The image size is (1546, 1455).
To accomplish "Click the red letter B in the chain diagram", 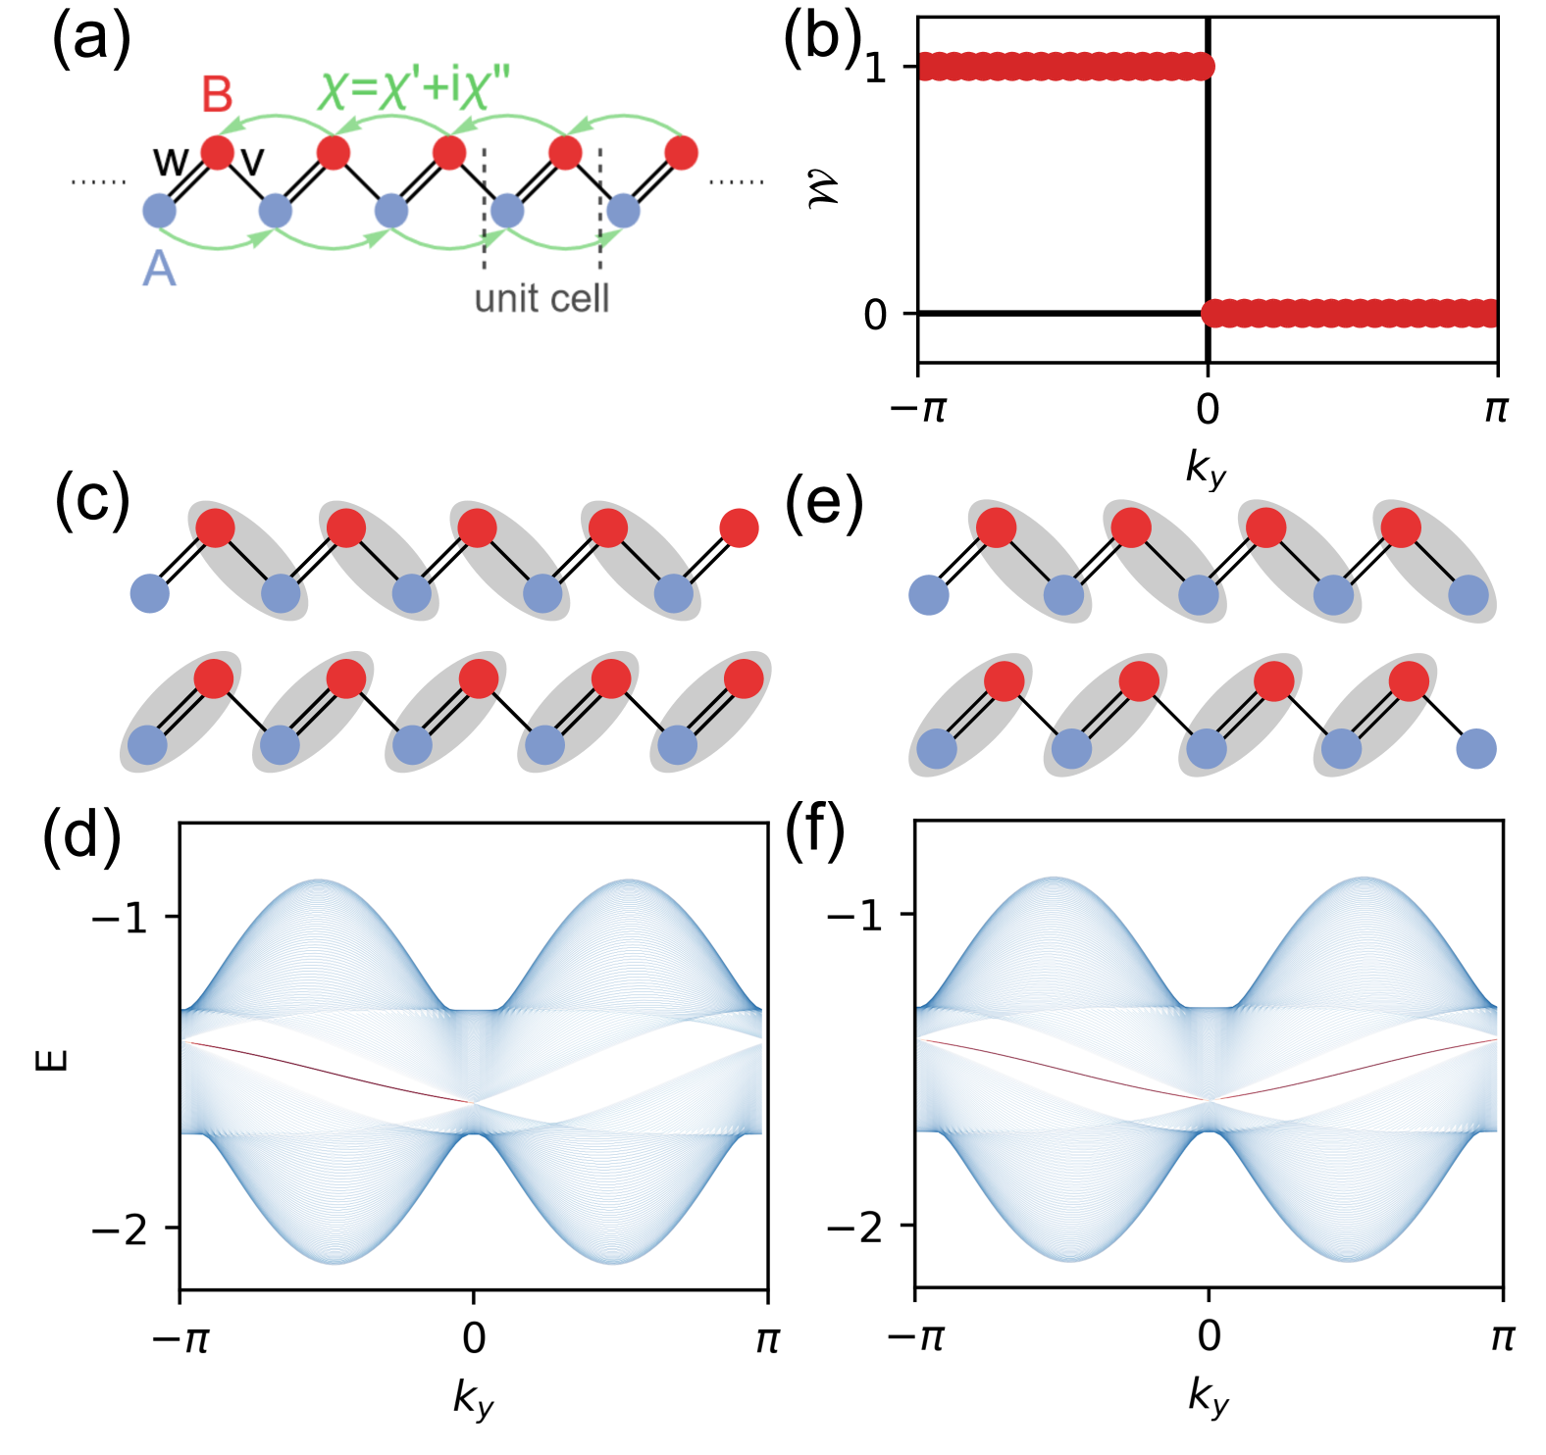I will point(217,95).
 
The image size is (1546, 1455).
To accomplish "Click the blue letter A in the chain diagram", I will point(159,268).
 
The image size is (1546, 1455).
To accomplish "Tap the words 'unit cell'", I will point(541,298).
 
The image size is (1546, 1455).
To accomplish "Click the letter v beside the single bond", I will point(252,160).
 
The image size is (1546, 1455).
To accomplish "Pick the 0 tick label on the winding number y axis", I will point(875,315).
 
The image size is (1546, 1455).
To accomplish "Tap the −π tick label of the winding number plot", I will point(917,408).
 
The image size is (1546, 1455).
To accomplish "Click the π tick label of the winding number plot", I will point(1495,408).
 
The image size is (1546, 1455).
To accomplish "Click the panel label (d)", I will point(81,835).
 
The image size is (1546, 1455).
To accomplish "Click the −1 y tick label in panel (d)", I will point(120,919).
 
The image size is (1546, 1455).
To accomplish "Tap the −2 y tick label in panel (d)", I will point(120,1229).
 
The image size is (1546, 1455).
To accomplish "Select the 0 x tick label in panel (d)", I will point(474,1337).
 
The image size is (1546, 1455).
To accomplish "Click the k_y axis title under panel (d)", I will point(473,1397).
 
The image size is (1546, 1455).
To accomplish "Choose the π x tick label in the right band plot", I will point(1502,1336).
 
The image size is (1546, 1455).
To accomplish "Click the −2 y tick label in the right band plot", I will point(855,1227).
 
